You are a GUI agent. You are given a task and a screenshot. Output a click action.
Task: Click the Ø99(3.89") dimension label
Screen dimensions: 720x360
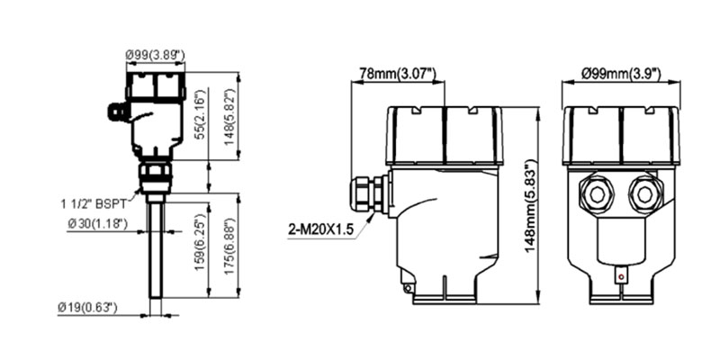pyautogui.click(x=155, y=56)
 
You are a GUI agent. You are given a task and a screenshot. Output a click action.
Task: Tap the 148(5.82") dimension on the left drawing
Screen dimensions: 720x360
pyautogui.click(x=230, y=116)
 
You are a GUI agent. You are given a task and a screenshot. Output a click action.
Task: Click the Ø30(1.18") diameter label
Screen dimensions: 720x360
pyautogui.click(x=97, y=223)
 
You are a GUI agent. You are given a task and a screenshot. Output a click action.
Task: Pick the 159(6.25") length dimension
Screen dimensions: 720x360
pyautogui.click(x=199, y=241)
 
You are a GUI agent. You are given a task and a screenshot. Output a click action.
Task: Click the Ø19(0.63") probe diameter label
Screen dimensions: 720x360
pyautogui.click(x=87, y=307)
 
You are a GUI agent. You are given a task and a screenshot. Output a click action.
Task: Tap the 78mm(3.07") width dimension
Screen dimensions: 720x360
pyautogui.click(x=398, y=74)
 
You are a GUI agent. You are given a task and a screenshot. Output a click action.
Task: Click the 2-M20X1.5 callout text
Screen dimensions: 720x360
pyautogui.click(x=321, y=229)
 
